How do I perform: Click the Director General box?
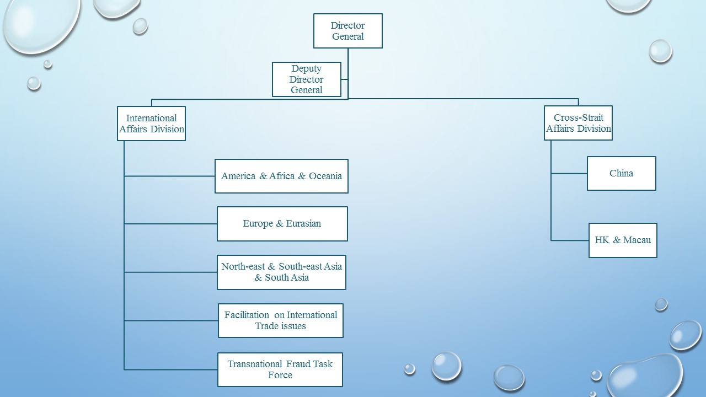[x=347, y=31]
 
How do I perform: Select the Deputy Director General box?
[x=307, y=79]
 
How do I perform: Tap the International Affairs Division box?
[x=151, y=124]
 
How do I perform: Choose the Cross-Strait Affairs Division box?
[x=578, y=123]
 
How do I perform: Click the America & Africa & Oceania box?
[x=281, y=176]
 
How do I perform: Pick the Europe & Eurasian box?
[x=282, y=224]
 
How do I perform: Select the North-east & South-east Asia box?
[x=281, y=272]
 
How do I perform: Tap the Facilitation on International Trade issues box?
[x=280, y=320]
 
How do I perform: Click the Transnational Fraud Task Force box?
[x=280, y=369]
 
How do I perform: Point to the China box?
[x=621, y=173]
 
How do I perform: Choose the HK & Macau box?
[x=623, y=240]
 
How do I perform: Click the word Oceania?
[x=325, y=176]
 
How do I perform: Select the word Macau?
[x=637, y=240]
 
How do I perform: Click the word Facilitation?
[x=247, y=315]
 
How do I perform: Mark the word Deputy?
[x=306, y=69]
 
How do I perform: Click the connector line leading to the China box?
[x=569, y=173]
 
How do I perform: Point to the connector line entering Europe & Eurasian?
[x=170, y=224]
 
